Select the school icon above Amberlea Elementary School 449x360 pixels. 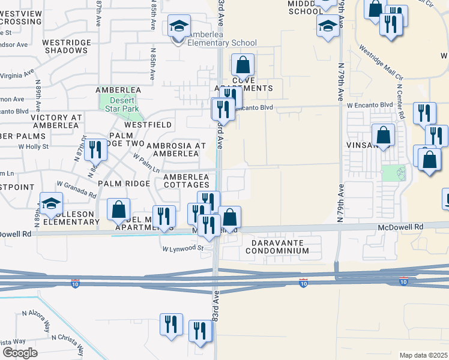coord(178,26)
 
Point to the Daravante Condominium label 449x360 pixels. coord(277,246)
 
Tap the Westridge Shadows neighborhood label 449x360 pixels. coord(65,47)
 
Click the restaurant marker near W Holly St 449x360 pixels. coord(95,149)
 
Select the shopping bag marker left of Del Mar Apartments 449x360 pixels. coord(119,210)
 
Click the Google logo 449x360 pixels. coord(20,353)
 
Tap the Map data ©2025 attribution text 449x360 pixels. coord(423,355)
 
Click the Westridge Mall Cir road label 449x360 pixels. coord(381,63)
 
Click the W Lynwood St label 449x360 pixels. coord(181,247)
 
